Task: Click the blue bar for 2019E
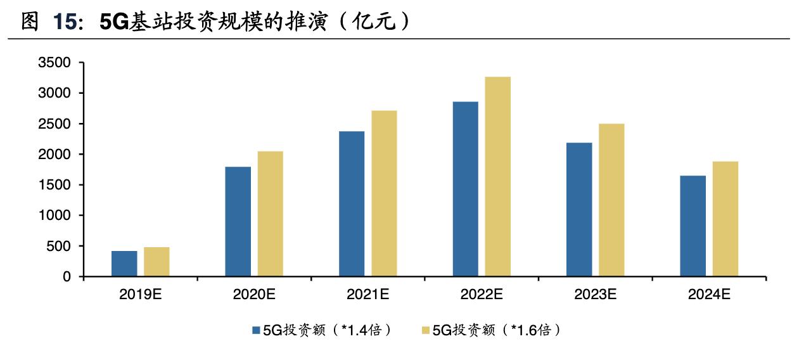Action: click(124, 264)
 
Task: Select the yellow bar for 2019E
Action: click(156, 262)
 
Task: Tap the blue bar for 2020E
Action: click(238, 222)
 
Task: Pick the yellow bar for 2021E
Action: click(384, 193)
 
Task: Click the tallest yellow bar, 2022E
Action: click(498, 177)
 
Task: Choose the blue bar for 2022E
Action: click(466, 189)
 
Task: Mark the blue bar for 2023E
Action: click(579, 210)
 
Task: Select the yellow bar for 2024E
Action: click(725, 219)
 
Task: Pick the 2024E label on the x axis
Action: click(709, 294)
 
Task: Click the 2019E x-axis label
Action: click(140, 294)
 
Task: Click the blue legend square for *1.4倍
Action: click(256, 330)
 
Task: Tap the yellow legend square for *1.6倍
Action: click(425, 330)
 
